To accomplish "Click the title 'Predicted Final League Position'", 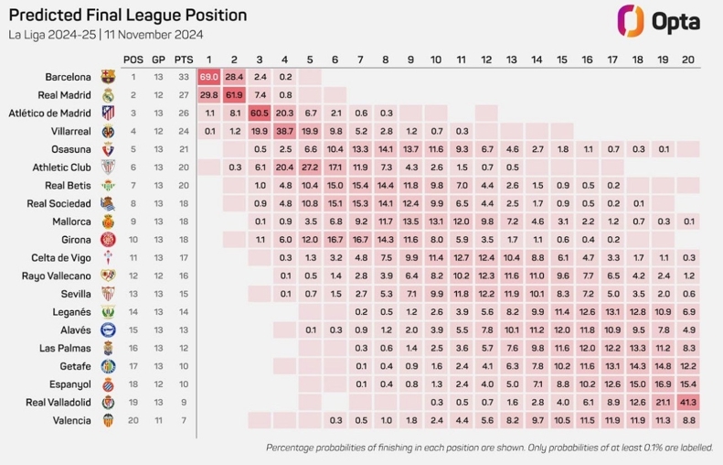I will [x=128, y=15].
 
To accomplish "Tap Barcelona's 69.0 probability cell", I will [x=209, y=77].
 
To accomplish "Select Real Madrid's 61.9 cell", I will [x=234, y=95].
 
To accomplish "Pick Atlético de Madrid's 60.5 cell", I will [x=260, y=113].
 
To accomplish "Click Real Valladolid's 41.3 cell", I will [x=688, y=402].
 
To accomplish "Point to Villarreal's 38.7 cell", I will [x=285, y=131].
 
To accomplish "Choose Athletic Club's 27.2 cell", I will [x=310, y=167].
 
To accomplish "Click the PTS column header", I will [x=184, y=59].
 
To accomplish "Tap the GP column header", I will [x=158, y=59].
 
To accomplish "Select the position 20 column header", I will [x=688, y=59].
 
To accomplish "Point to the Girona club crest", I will [x=108, y=240].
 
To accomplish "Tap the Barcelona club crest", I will [x=108, y=77].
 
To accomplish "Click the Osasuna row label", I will [x=70, y=149].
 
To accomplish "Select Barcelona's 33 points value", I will [x=184, y=77].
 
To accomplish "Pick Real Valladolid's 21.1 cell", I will [x=663, y=402].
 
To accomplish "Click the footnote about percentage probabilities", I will [x=488, y=448].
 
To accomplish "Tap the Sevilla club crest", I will [x=108, y=294].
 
